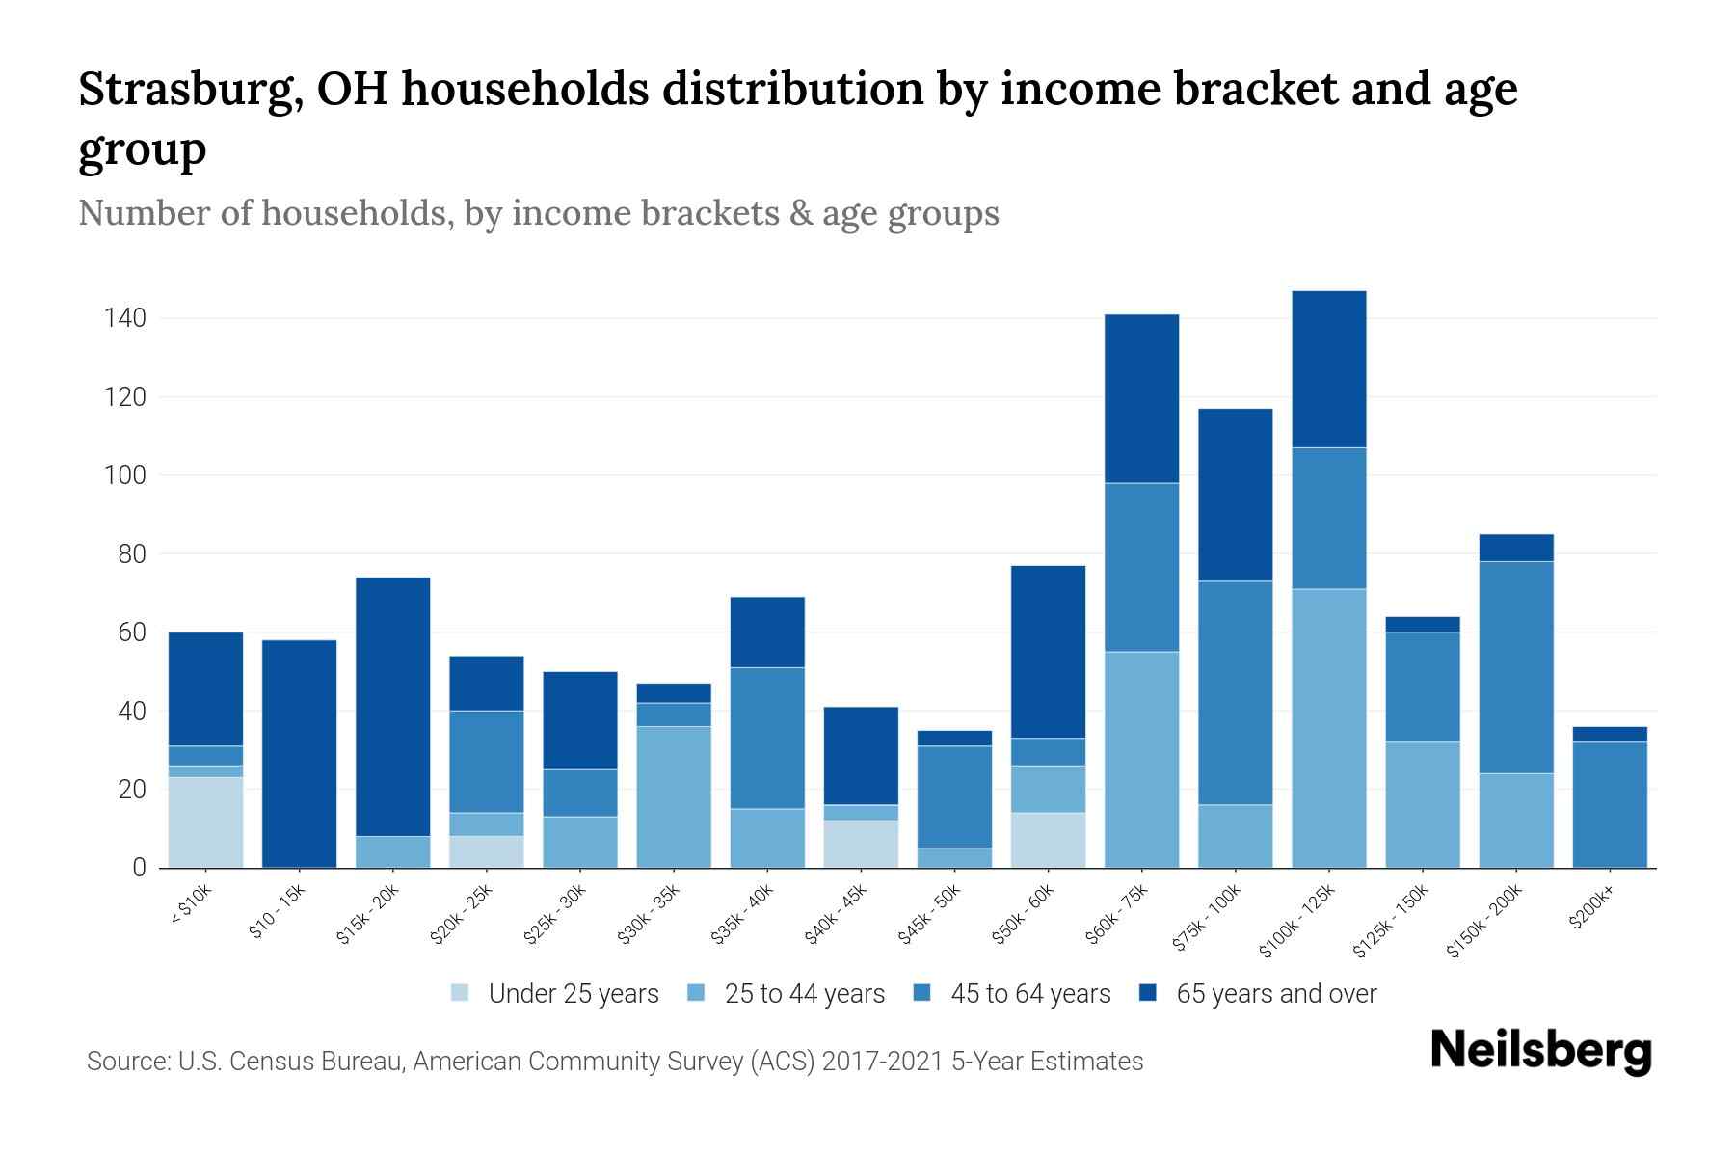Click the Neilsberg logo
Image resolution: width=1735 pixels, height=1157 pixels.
pyautogui.click(x=1540, y=1051)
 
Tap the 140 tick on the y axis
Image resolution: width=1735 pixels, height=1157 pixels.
pyautogui.click(x=125, y=318)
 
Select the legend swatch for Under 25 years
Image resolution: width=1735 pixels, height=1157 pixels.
pyautogui.click(x=461, y=993)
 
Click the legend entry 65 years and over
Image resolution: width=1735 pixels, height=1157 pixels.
pyautogui.click(x=1275, y=993)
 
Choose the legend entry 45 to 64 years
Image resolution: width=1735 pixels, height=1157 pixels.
pyautogui.click(x=1029, y=993)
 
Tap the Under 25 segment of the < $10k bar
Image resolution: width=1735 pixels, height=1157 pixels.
pyautogui.click(x=205, y=822)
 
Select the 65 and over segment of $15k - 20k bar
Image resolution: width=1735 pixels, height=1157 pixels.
pyautogui.click(x=392, y=707)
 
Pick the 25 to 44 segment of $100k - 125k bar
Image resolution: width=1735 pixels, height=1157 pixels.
pyautogui.click(x=1329, y=728)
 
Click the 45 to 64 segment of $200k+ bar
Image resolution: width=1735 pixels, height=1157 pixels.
pyautogui.click(x=1610, y=805)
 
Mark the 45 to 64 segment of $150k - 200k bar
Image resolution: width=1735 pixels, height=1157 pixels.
pyautogui.click(x=1516, y=667)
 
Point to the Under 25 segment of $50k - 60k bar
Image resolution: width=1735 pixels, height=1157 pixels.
pyautogui.click(x=1048, y=841)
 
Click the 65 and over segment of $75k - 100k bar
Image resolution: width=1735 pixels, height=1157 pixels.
pyautogui.click(x=1235, y=495)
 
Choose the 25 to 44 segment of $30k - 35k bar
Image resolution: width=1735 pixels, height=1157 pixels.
pyautogui.click(x=674, y=797)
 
